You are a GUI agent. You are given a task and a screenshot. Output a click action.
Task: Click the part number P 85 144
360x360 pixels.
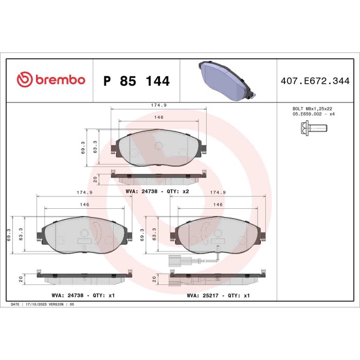click(136, 81)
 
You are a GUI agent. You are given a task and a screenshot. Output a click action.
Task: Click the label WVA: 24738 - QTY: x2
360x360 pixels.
click(157, 191)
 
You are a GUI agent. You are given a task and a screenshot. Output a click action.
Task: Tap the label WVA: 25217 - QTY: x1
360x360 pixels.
click(219, 296)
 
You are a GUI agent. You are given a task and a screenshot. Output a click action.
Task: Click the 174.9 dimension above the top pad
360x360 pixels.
click(157, 105)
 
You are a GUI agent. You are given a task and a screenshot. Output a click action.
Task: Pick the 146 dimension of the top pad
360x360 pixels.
click(159, 118)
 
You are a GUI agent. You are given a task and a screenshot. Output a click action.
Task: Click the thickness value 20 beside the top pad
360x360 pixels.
click(96, 178)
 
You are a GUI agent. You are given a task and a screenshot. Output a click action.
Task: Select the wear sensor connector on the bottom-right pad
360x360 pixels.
click(172, 260)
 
